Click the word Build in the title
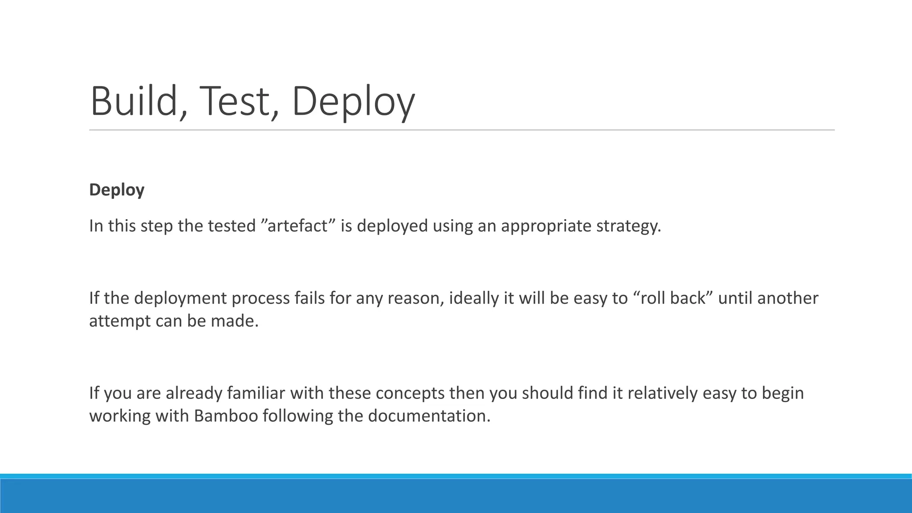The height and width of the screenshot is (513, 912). [134, 102]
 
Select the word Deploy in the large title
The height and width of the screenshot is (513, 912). [353, 102]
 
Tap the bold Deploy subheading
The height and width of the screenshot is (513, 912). [117, 190]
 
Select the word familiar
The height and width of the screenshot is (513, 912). [256, 393]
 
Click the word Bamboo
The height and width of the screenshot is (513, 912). [226, 416]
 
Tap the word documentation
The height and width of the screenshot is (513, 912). [429, 416]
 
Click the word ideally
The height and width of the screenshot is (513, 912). [474, 298]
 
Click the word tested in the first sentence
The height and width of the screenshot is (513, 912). [232, 226]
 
